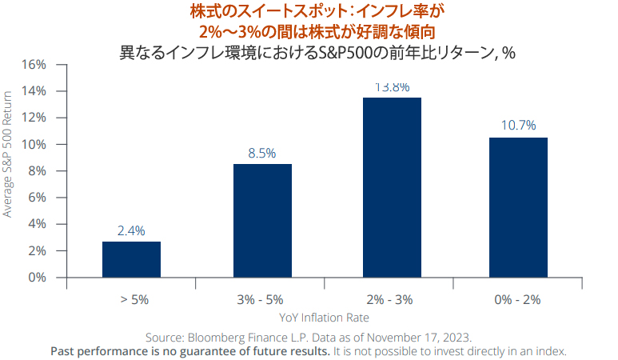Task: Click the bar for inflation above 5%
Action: coord(131,259)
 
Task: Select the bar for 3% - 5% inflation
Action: coord(262,220)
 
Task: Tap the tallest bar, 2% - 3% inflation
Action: coord(392,187)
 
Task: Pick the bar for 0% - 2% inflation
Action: coord(519,207)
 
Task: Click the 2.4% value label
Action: coord(131,231)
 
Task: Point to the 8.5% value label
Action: coord(262,153)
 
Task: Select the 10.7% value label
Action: coord(519,126)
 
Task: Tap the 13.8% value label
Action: coord(392,86)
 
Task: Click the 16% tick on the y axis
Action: coord(35,64)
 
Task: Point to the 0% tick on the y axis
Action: coord(38,278)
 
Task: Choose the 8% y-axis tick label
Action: coord(38,171)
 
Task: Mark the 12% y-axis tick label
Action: coord(35,118)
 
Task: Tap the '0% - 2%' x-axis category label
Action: coord(519,299)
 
